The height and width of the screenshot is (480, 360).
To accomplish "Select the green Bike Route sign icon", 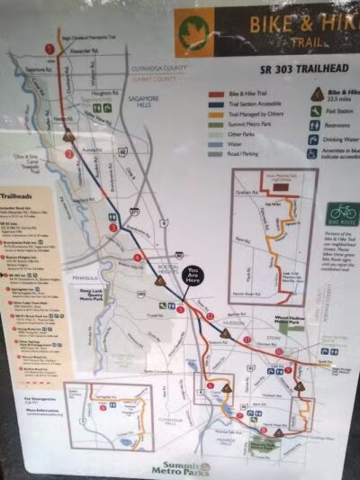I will (x=341, y=214).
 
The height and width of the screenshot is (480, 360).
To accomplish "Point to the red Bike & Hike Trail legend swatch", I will (x=217, y=93).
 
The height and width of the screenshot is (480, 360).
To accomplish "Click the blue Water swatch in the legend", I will (x=217, y=143).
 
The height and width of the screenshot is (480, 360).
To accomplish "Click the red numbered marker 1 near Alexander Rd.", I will (x=49, y=49).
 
